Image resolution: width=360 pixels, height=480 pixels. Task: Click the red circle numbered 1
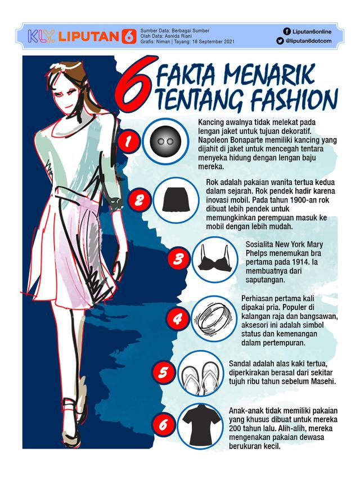128,141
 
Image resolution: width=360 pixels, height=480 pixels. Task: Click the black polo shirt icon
200,425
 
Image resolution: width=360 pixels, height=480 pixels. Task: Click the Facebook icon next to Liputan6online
287,32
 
